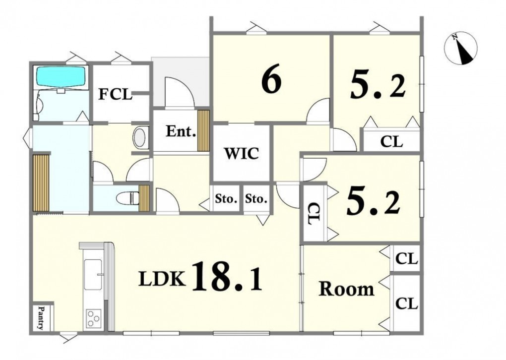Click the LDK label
162,279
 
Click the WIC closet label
242,153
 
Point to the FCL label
115,94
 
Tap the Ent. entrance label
181,131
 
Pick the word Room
347,289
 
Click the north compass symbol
460,49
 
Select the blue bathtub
61,76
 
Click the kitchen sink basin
93,275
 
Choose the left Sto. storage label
226,199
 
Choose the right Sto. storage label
256,199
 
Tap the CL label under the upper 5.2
391,141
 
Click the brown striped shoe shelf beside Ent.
203,130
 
